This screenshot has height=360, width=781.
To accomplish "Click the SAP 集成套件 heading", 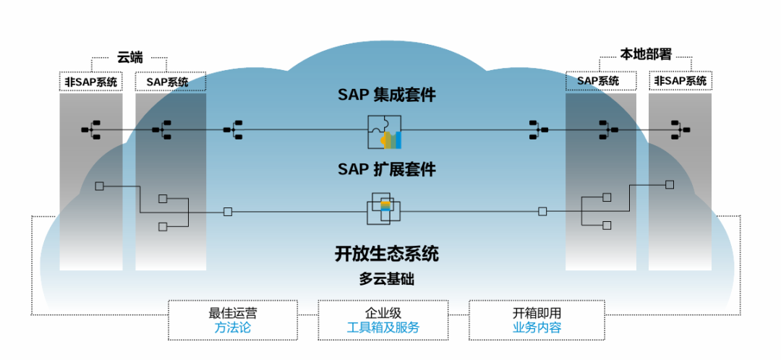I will tap(387, 95).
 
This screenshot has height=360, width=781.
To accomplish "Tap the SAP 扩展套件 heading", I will tap(387, 169).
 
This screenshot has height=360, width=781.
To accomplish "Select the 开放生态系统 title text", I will tap(387, 254).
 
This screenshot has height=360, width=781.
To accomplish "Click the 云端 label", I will tap(130, 56).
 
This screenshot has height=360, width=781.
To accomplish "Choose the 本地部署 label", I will tap(646, 54).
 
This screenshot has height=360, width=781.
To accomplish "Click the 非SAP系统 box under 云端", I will tap(91, 82).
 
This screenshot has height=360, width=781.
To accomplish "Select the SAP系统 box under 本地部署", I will tap(598, 81).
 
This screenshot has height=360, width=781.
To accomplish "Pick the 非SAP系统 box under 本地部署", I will tap(680, 81).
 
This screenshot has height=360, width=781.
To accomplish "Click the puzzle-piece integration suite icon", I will tap(384, 132).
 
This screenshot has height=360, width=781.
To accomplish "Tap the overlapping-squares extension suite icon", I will tap(383, 209).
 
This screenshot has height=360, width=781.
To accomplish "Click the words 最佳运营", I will tap(232, 314).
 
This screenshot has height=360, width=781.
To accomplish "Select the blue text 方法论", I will tap(232, 327).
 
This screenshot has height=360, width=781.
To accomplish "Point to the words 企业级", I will tap(383, 314).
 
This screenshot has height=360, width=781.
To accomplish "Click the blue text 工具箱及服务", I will tap(383, 327).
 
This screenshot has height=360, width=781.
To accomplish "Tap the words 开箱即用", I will tap(537, 314).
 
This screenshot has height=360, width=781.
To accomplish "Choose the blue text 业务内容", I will tap(537, 327).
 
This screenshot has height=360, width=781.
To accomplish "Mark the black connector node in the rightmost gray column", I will tap(680, 130).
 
